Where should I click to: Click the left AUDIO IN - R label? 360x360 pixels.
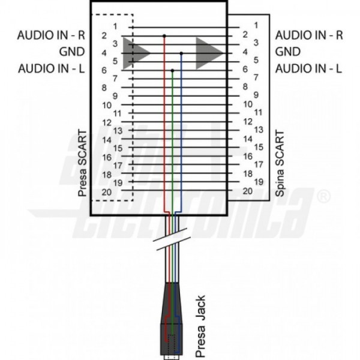(x=51, y=35)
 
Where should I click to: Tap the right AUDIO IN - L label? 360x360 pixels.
(x=308, y=68)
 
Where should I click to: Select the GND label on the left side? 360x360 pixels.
(x=72, y=52)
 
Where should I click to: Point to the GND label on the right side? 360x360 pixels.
(x=288, y=52)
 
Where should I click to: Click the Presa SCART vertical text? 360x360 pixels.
(x=82, y=163)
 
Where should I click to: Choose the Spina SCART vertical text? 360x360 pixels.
(x=280, y=163)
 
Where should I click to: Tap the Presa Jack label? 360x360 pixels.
(x=200, y=326)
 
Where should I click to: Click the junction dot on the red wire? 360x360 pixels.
(x=164, y=36)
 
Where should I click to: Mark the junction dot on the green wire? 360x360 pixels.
(x=172, y=70)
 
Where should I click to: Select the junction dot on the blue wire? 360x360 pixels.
(x=181, y=53)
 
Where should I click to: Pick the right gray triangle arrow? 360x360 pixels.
(x=208, y=53)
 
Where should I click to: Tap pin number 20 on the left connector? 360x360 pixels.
(x=107, y=192)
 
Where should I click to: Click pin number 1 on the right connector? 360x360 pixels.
(x=256, y=25)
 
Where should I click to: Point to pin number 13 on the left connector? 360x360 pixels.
(x=118, y=131)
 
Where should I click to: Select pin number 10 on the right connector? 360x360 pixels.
(x=248, y=104)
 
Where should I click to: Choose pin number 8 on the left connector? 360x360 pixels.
(x=104, y=88)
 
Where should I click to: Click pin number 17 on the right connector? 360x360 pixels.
(x=259, y=164)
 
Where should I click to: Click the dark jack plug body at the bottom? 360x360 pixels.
(x=171, y=319)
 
